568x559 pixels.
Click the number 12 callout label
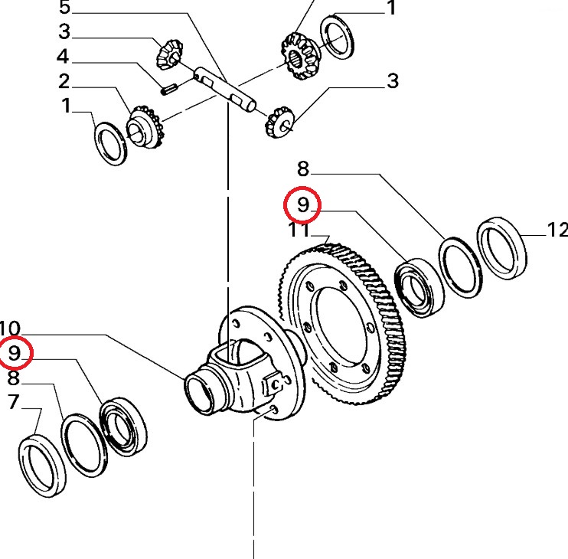pyautogui.click(x=557, y=229)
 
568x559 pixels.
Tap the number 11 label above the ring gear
pyautogui.click(x=299, y=230)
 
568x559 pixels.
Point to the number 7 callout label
pyautogui.click(x=13, y=401)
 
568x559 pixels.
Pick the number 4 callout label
pyautogui.click(x=62, y=57)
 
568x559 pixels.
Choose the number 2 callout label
pyautogui.click(x=64, y=81)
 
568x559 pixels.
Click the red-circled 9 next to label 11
pyautogui.click(x=302, y=204)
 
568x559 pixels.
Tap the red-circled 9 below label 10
pyautogui.click(x=15, y=353)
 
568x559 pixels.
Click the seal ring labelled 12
pyautogui.click(x=503, y=245)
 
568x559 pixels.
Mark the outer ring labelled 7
pyautogui.click(x=41, y=464)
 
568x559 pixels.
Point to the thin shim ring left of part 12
pyautogui.click(x=459, y=266)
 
